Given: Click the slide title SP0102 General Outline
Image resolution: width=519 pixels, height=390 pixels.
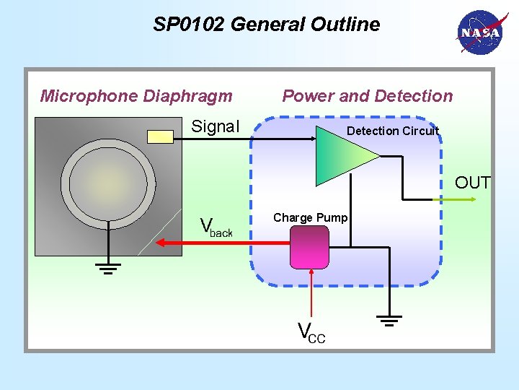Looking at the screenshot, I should [266, 25].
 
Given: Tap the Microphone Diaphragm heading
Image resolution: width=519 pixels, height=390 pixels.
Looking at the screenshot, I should [136, 96].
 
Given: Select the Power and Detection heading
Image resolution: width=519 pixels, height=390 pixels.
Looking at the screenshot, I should [368, 96].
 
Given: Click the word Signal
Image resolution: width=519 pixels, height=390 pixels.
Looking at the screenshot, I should [215, 126].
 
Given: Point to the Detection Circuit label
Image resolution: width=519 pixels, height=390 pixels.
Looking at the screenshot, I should [393, 131].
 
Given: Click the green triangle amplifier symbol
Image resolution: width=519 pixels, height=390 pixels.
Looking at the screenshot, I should [342, 155].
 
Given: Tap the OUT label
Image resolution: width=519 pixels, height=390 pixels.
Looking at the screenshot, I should [472, 183].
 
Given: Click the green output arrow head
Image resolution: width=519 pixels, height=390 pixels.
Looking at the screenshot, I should [484, 199].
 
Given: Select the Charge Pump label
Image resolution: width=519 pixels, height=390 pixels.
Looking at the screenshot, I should [310, 217].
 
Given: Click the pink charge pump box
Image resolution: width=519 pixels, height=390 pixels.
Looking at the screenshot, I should [309, 246].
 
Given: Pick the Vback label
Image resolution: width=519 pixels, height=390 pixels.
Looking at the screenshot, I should [216, 227].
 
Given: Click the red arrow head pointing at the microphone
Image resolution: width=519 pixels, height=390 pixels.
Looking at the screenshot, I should [160, 243].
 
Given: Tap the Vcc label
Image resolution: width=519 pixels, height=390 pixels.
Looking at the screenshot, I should [311, 332].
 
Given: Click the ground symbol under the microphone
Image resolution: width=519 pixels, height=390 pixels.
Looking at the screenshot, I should [108, 269].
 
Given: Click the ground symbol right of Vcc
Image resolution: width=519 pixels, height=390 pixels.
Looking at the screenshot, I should [389, 319].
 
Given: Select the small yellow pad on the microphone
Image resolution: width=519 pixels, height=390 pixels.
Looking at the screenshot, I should [159, 136].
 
